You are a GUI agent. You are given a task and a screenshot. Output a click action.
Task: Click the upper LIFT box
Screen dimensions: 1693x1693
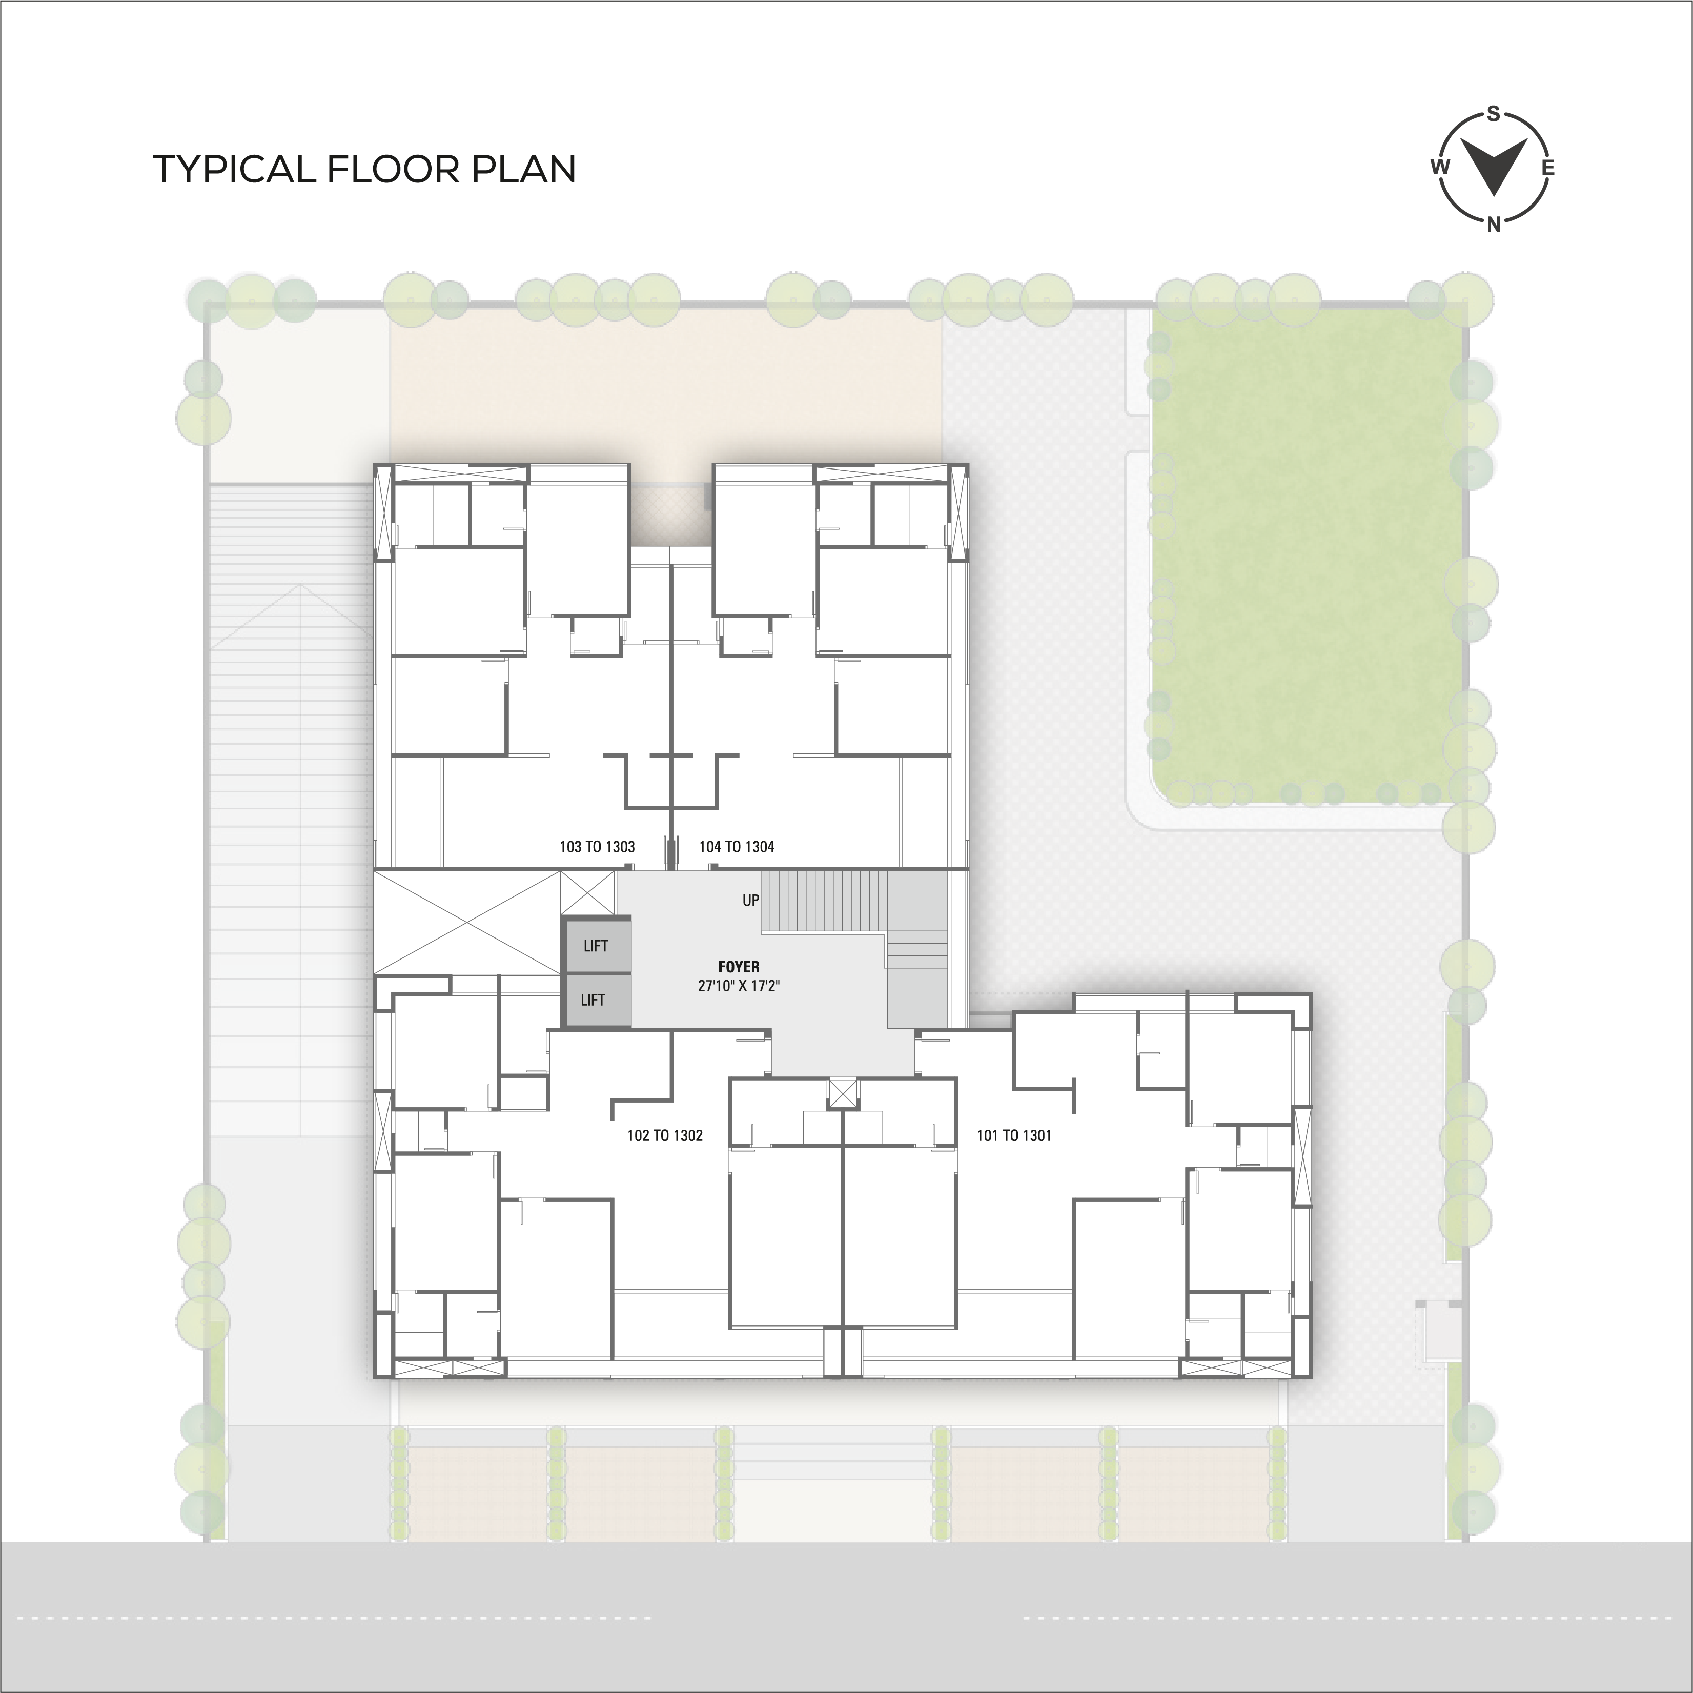point(596,946)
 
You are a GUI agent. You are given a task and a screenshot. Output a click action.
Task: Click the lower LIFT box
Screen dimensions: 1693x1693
point(596,1000)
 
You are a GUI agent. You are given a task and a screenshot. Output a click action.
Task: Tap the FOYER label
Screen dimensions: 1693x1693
point(739,967)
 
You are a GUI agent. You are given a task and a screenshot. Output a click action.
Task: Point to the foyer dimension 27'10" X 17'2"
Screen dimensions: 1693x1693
point(739,986)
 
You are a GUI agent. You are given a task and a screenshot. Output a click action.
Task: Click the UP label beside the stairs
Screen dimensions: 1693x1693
point(751,900)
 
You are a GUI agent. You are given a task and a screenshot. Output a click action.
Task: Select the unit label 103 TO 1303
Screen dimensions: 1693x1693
point(597,847)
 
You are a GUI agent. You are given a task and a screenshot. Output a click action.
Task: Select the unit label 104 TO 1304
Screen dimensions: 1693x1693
point(737,847)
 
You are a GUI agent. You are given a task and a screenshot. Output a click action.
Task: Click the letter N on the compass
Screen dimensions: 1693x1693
point(1494,225)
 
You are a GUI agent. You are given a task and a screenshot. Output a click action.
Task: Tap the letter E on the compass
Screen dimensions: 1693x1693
point(1548,168)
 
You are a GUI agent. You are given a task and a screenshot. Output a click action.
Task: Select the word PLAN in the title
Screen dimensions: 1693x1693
point(524,169)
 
